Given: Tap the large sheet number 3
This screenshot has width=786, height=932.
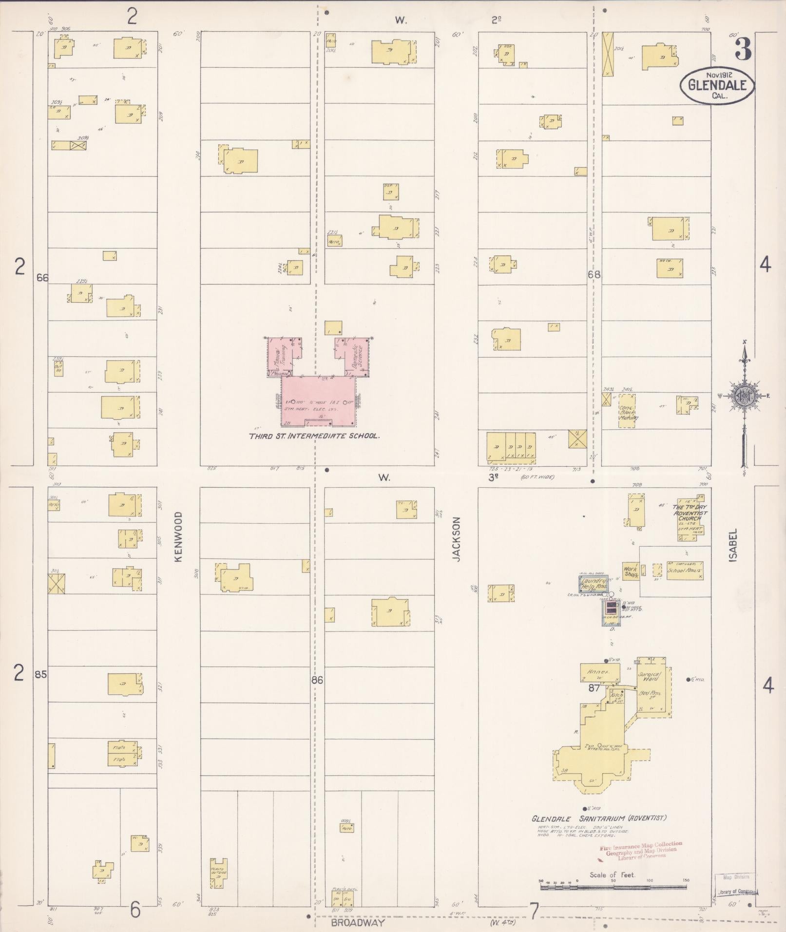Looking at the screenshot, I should pyautogui.click(x=743, y=48).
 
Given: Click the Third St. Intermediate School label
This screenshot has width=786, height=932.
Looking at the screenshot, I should pyautogui.click(x=314, y=436).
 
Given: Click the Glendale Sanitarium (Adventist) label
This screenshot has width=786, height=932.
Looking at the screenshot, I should pyautogui.click(x=599, y=818).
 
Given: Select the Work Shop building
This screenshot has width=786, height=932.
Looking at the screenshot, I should pyautogui.click(x=631, y=571).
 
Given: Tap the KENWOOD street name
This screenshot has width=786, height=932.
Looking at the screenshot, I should pyautogui.click(x=178, y=537).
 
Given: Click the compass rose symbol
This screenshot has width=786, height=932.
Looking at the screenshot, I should pyautogui.click(x=744, y=395).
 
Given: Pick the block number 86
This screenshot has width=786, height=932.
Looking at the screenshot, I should pyautogui.click(x=317, y=680).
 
